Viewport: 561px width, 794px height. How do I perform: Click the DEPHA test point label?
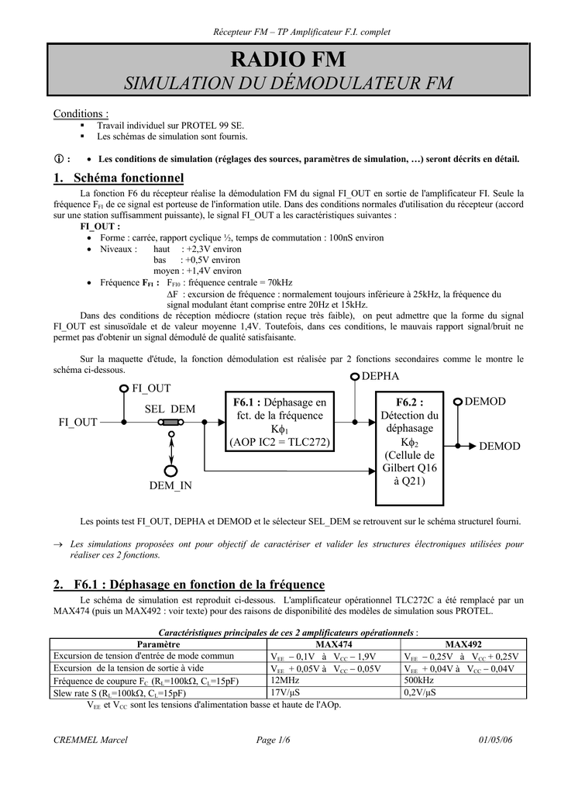point(380,376)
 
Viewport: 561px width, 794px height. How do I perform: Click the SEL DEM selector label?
point(170,409)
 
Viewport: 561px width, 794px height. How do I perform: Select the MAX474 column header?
point(334,644)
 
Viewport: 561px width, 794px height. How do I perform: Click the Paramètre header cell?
point(158,644)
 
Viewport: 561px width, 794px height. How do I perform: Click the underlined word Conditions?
point(81,114)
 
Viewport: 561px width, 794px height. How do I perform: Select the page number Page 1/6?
point(273,740)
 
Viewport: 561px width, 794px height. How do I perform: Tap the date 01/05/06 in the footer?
point(495,740)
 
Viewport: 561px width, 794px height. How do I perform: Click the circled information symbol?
point(57,158)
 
